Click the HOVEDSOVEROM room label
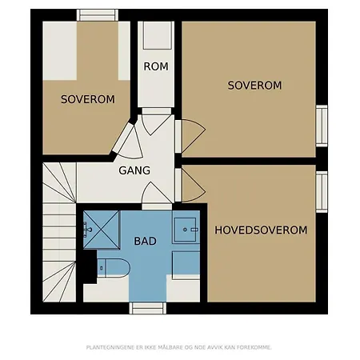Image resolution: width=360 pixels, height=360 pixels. click(261, 230)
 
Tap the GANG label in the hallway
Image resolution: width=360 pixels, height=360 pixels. click(134, 170)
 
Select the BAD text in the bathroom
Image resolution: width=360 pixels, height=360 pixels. click(145, 241)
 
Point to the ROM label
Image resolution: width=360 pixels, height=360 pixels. click(156, 66)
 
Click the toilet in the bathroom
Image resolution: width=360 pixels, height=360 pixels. click(114, 268)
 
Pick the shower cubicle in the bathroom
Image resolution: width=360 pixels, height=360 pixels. click(102, 230)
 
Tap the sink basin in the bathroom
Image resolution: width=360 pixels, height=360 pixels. click(186, 230)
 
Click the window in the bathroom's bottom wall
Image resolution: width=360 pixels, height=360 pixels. click(148, 308)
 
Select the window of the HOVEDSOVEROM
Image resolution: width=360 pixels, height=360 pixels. click(322, 192)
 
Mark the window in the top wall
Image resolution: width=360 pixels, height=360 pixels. click(98, 15)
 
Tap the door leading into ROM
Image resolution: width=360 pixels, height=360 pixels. click(157, 122)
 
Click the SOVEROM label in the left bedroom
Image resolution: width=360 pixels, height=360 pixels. click(88, 99)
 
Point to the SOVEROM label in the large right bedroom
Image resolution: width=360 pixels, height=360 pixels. click(254, 86)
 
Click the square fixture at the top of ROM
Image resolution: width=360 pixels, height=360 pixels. click(157, 35)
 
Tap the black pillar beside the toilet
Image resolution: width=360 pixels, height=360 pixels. click(90, 266)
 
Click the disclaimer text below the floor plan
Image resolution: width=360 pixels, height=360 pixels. click(179, 347)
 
